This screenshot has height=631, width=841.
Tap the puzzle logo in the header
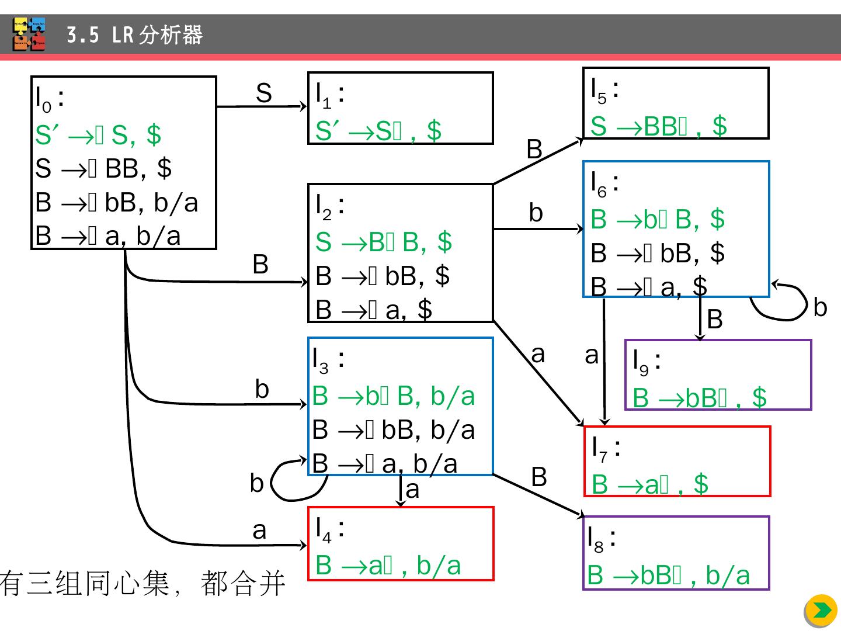(x=29, y=35)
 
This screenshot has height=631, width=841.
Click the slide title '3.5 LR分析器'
(x=134, y=36)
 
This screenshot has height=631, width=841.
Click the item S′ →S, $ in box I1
(x=378, y=130)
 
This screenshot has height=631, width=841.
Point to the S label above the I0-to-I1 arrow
(x=264, y=93)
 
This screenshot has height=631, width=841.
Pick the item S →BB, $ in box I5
(x=658, y=126)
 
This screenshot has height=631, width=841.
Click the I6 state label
(x=604, y=182)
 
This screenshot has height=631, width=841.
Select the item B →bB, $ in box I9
(x=699, y=398)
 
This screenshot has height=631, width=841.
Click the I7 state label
(x=605, y=448)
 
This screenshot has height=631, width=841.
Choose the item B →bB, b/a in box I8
(x=668, y=575)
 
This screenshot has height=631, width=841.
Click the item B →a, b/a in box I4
(x=388, y=566)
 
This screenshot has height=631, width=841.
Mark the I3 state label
(x=327, y=359)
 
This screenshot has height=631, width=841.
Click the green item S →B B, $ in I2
(x=383, y=242)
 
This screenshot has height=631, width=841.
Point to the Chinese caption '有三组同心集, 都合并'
(x=143, y=584)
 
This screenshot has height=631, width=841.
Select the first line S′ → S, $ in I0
(x=98, y=135)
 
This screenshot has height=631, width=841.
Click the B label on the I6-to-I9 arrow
(x=715, y=320)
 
